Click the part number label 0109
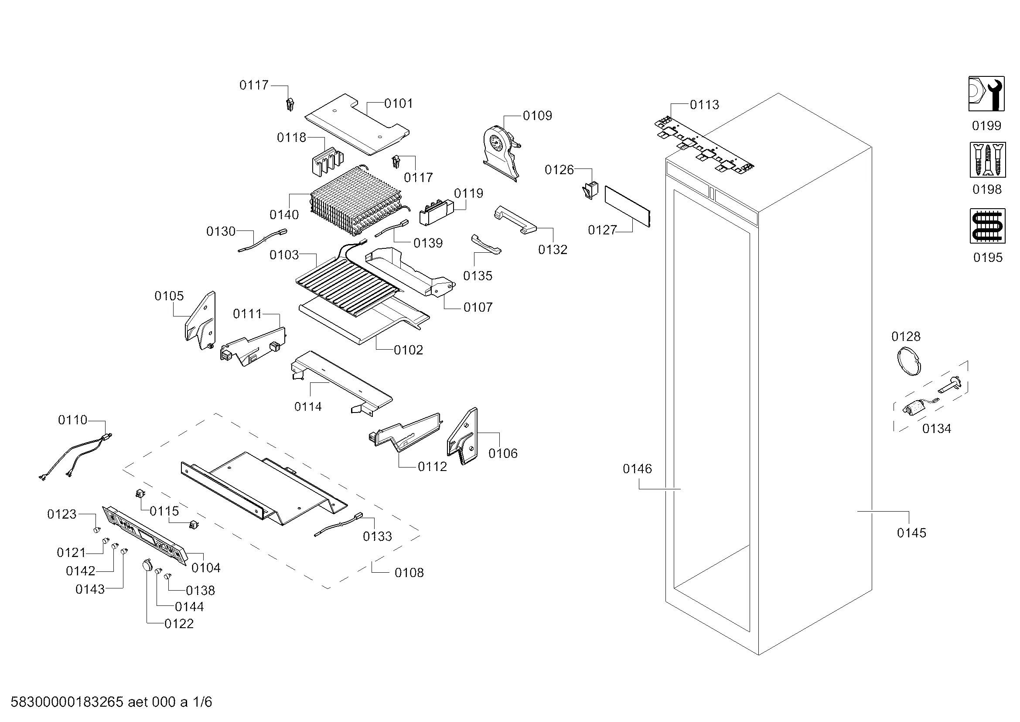tap(537, 116)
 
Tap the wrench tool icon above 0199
tap(986, 94)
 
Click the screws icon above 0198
tap(987, 160)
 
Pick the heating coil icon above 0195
tap(987, 226)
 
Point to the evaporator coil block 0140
tap(355, 202)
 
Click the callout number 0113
tap(704, 105)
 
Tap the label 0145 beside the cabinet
tap(911, 533)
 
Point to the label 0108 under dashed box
tap(409, 573)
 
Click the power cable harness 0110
tap(75, 458)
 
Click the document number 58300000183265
tap(67, 702)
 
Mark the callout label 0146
tap(637, 468)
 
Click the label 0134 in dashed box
tap(936, 429)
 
